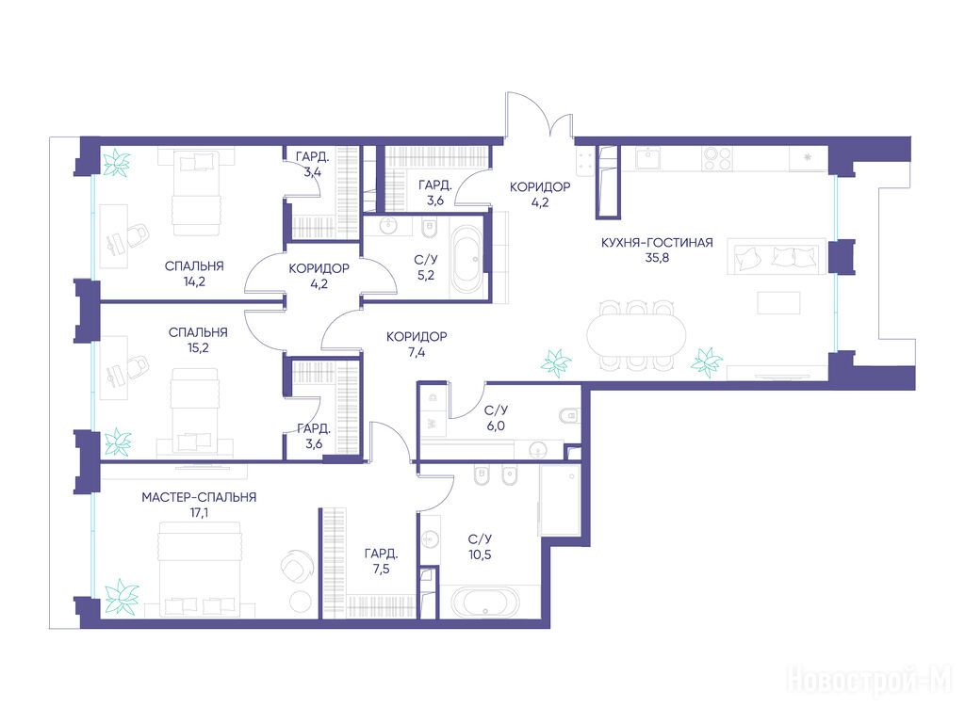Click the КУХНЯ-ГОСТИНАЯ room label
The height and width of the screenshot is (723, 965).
pos(657,242)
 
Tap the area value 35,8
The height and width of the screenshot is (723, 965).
pos(657,258)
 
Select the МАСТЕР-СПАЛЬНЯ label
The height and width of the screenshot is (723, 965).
pos(199,497)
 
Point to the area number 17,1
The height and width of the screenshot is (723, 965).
pos(199,512)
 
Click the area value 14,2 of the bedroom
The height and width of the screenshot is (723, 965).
pos(194,281)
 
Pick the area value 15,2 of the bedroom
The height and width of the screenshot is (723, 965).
pos(198,348)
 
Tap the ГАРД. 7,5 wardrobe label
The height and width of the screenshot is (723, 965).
pos(381,561)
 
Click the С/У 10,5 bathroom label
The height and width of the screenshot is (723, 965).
pos(480,547)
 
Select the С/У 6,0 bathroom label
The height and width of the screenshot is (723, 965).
pos(496,418)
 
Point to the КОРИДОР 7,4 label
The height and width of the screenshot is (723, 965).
pos(417,345)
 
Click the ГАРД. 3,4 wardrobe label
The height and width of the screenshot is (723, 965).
pos(313,164)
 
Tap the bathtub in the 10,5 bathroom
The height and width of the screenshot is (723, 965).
pos(485,602)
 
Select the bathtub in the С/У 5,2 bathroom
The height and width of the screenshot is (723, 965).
pos(466,263)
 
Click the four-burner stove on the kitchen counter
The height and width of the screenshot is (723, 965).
pos(717,158)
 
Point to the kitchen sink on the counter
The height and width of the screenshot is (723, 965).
pos(647,157)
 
